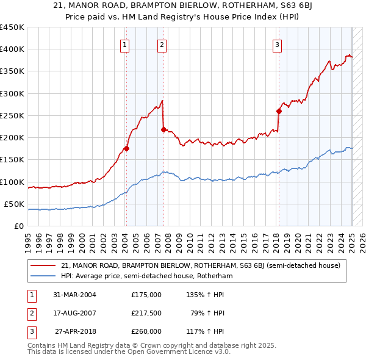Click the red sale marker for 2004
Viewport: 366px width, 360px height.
[127, 148]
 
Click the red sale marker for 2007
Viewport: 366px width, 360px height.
[163, 129]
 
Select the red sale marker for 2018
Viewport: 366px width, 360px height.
[279, 111]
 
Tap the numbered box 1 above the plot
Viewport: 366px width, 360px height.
[124, 44]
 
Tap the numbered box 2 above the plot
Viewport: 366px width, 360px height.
[162, 44]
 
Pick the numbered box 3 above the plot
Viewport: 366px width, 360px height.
[277, 44]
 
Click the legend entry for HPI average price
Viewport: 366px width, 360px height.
[147, 276]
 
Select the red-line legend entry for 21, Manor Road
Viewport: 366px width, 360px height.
[204, 265]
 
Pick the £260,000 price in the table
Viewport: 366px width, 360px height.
[146, 331]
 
